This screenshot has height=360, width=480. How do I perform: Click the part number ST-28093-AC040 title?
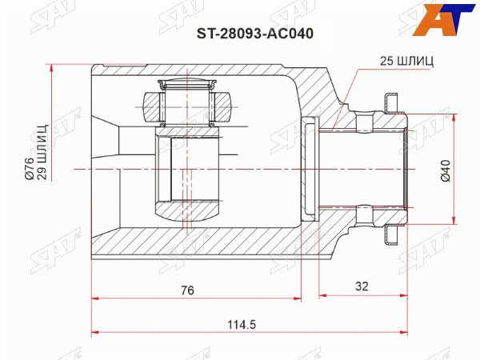254,34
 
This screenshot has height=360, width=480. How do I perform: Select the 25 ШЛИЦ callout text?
406,62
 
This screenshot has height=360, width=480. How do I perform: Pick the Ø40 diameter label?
446,170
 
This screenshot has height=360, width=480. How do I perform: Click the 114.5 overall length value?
242,324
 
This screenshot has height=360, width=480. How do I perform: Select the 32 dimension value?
362,286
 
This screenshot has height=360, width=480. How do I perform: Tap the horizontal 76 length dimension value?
187,290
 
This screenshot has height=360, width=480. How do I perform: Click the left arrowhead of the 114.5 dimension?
95,332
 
